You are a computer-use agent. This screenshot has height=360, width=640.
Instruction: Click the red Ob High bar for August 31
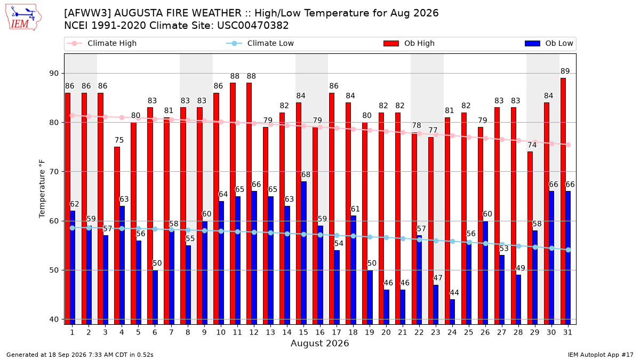click(x=563, y=201)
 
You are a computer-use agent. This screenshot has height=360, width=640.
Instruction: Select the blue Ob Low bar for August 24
click(x=452, y=312)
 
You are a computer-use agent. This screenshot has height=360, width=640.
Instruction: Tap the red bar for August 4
click(x=117, y=236)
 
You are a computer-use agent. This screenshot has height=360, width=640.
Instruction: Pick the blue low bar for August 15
click(x=303, y=253)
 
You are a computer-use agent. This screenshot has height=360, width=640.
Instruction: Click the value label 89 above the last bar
click(x=565, y=71)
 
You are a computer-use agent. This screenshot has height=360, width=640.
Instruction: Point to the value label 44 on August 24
click(x=454, y=293)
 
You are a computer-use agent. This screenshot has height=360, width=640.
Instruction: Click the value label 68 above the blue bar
click(x=306, y=174)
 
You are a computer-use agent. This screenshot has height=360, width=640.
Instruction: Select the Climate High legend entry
click(x=101, y=43)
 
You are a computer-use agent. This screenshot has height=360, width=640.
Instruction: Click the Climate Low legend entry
click(x=260, y=43)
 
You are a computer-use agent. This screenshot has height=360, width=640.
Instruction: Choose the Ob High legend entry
click(x=409, y=43)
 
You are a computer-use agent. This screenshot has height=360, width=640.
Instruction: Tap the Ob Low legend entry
click(x=549, y=43)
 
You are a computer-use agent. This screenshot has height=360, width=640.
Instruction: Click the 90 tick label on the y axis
click(x=54, y=74)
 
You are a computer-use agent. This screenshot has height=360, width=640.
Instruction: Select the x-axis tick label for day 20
click(x=386, y=332)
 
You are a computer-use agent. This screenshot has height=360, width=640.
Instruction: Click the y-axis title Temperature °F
click(x=42, y=189)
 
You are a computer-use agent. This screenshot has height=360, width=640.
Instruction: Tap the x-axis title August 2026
click(x=319, y=343)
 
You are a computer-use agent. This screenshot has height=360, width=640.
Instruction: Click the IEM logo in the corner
click(x=23, y=18)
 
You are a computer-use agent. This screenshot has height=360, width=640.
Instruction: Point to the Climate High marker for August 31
click(x=569, y=145)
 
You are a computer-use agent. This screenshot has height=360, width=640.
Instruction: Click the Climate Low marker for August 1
click(x=73, y=228)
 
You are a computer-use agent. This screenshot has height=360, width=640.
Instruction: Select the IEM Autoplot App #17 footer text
click(x=601, y=355)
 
